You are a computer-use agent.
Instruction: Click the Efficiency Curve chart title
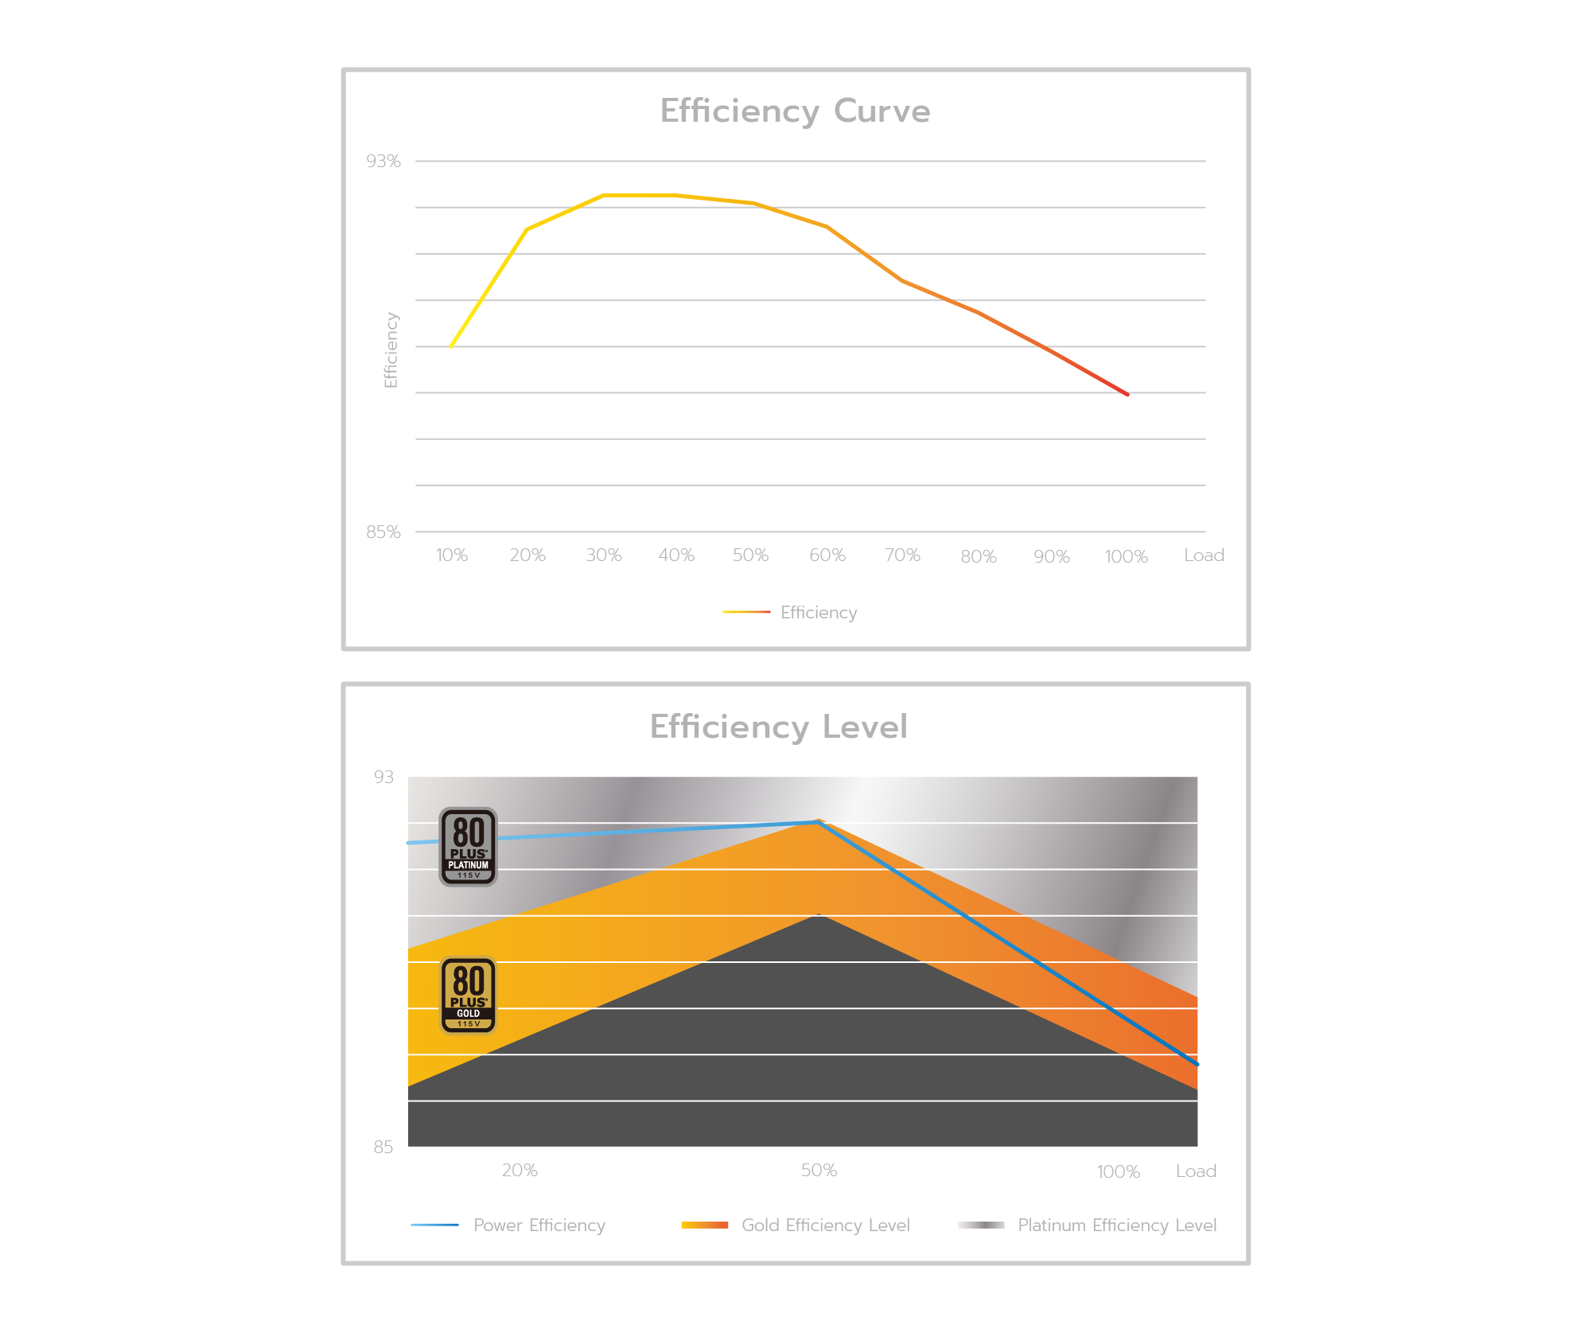pos(795,111)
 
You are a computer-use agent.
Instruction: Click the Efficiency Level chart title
pos(778,727)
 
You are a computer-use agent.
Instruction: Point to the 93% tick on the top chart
pos(383,161)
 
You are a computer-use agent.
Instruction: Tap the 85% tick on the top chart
pos(383,532)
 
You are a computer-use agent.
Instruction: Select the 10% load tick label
pos(452,555)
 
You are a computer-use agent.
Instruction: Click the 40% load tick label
pos(676,555)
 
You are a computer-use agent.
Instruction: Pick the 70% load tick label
pos(902,555)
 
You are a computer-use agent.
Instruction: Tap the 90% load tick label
pos(1052,556)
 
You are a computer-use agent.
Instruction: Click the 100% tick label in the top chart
pos(1126,556)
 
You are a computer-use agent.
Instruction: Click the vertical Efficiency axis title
pos(391,350)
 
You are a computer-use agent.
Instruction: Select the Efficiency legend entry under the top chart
pos(818,613)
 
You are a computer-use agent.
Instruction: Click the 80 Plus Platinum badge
pos(469,847)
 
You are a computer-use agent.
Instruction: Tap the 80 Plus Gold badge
pos(469,996)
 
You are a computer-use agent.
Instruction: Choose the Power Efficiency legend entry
pos(539,1226)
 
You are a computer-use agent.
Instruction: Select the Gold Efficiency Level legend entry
pos(825,1226)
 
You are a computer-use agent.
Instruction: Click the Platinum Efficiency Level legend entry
pos(1116,1226)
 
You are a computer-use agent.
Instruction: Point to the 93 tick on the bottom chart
pos(383,777)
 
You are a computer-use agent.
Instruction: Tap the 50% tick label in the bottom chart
pos(819,1171)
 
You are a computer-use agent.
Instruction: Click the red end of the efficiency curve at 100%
pos(1127,394)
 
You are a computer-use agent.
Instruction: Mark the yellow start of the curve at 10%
pos(451,346)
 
